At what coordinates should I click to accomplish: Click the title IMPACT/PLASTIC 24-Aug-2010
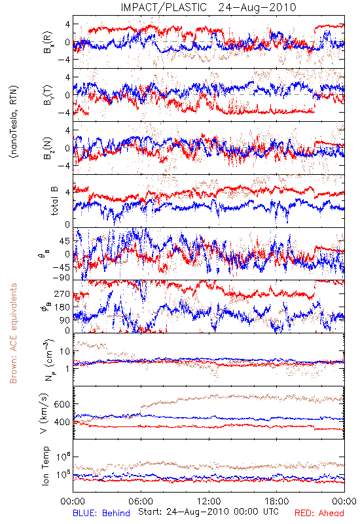pos(208,7)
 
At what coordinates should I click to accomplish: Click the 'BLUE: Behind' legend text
pos(101,513)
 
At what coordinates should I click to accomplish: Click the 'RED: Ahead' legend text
pos(319,513)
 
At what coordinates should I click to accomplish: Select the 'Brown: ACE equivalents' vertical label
pos(13,333)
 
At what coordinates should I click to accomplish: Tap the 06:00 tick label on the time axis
pos(141,501)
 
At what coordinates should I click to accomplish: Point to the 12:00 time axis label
pos(209,501)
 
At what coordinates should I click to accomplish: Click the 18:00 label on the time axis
pos(277,501)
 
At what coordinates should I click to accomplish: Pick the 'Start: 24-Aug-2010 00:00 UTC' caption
pos(208,512)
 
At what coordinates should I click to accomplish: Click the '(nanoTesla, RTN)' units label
pos(14,122)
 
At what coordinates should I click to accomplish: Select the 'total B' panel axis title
pos(54,201)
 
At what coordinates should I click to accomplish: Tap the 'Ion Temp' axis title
pos(45,466)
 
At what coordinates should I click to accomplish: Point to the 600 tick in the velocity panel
pos(62,404)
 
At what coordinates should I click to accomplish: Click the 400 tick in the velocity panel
pos(62,422)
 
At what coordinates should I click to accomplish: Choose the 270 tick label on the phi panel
pos(62,293)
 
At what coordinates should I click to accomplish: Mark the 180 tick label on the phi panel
pos(62,307)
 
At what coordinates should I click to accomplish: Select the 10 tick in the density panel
pos(65,351)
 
